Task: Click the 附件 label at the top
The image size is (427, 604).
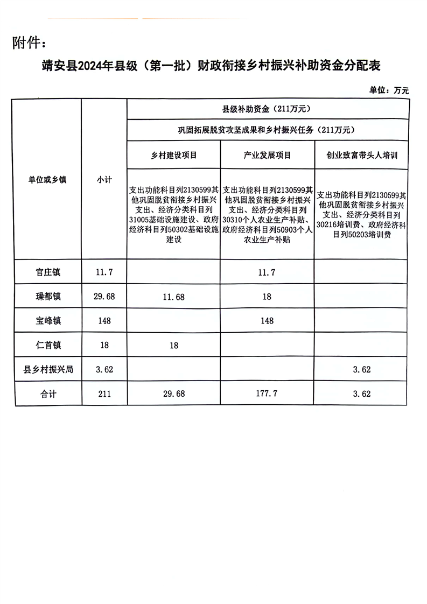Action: (x=33, y=43)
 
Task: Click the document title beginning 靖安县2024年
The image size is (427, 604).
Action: (x=212, y=66)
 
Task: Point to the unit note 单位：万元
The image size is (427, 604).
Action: (x=389, y=90)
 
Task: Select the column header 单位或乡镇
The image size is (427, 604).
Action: (x=47, y=180)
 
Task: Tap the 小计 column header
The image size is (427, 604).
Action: (x=104, y=180)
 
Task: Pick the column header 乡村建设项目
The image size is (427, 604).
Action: (x=174, y=156)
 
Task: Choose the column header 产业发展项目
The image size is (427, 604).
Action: (x=267, y=156)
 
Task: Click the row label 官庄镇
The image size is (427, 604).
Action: (x=47, y=272)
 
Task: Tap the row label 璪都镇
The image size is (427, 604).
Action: (x=47, y=297)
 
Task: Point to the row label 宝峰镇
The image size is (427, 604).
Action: (x=47, y=321)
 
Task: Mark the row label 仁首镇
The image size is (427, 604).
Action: (x=47, y=345)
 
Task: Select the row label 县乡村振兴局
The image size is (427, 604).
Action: (x=47, y=370)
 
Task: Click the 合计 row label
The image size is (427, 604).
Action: (x=47, y=394)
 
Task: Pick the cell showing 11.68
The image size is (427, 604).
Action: (x=174, y=297)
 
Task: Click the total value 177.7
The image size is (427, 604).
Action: (x=267, y=394)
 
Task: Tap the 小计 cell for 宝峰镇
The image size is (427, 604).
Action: (x=104, y=321)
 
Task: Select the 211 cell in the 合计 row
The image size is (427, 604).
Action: (x=104, y=394)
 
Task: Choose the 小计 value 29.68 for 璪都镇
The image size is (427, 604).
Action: (x=104, y=297)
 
